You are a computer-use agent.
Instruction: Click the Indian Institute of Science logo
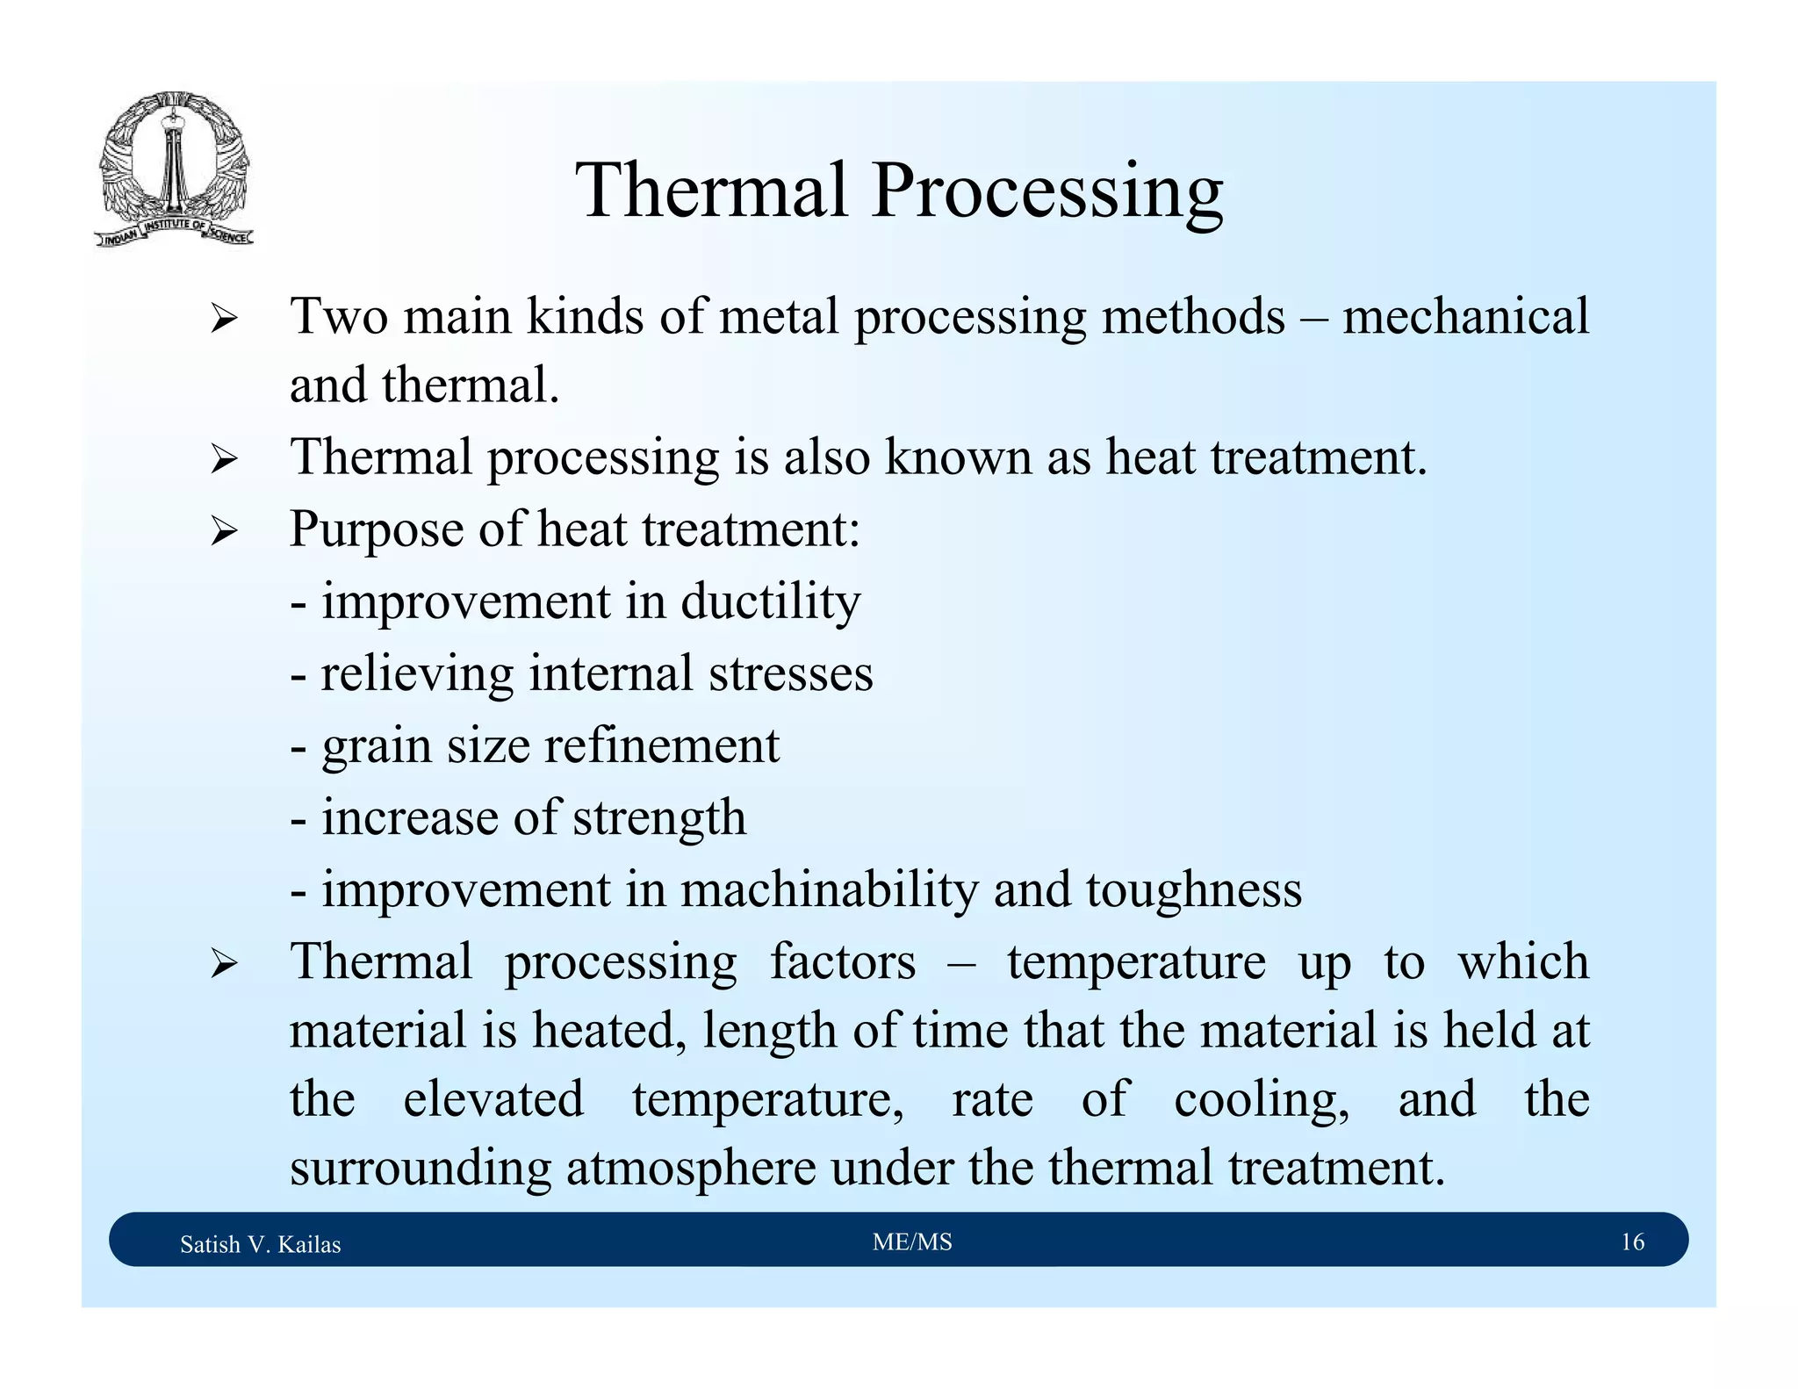coord(174,169)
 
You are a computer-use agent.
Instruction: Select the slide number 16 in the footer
coord(1632,1241)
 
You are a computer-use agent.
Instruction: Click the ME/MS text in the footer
coord(912,1241)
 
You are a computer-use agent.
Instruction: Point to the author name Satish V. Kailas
coord(260,1244)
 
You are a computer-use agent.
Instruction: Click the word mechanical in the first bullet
coord(1465,316)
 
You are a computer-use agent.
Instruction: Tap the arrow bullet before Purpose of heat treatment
coord(224,531)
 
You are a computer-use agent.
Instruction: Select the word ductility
coord(770,602)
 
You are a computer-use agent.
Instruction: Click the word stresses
coord(790,674)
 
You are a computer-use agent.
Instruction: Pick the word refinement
coord(661,746)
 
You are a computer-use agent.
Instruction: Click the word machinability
coord(829,889)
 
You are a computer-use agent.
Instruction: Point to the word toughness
coord(1193,890)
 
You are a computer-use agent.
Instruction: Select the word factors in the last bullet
coord(843,961)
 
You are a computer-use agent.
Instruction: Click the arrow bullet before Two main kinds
coord(224,320)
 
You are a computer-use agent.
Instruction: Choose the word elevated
coord(493,1099)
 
